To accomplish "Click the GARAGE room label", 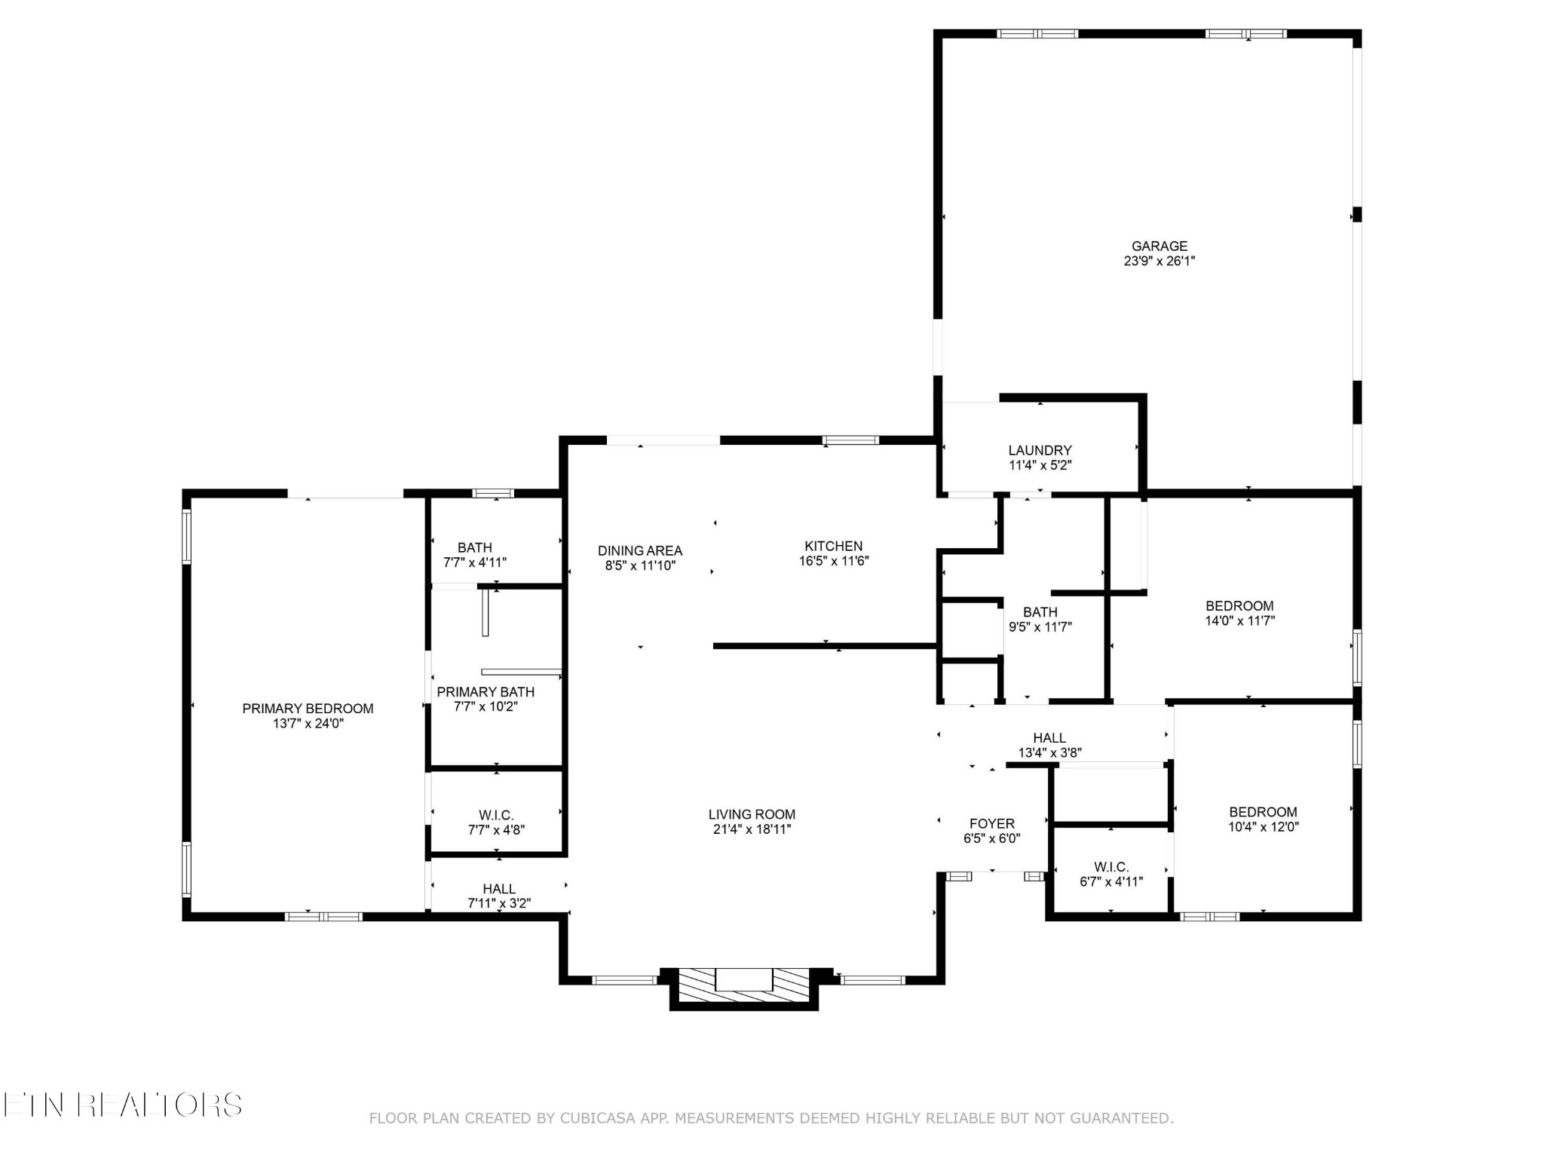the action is coord(1159,246).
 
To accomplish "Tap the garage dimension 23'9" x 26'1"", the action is coord(1159,261).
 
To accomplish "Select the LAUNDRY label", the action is coord(1040,450).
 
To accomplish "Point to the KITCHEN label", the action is coord(833,546).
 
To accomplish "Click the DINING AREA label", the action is coord(640,550).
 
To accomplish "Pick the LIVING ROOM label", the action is coord(752,814).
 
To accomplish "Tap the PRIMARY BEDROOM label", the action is coord(308,709).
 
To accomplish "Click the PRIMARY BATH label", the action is coord(486,692).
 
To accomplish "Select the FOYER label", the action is coord(992,823).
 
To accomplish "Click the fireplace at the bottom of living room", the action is coord(744,988).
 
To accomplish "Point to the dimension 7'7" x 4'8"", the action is coord(496,830).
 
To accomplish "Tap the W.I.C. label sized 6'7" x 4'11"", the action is coord(1111,867).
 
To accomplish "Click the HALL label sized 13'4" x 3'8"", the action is coord(1049,738).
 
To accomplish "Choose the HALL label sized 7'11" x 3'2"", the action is coord(499,889).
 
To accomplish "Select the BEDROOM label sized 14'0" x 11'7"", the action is coord(1239,606).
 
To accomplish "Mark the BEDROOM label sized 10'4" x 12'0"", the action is coord(1263,812).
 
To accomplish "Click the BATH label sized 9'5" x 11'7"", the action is coord(1040,612).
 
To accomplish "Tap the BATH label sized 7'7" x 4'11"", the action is coord(475,548).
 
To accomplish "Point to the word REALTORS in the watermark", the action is coord(159,1105).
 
